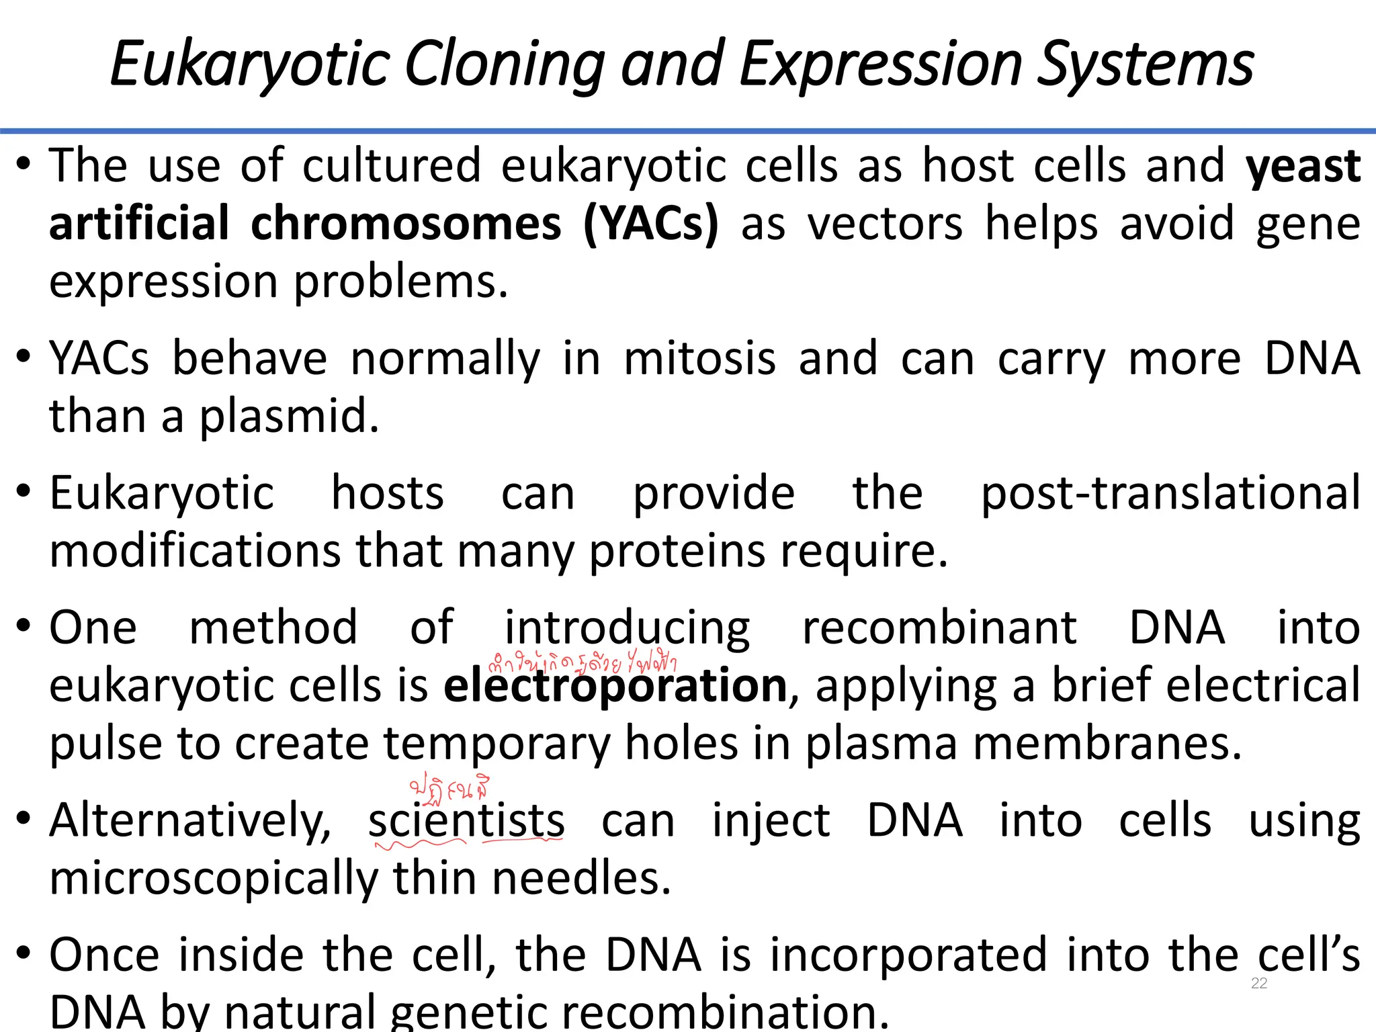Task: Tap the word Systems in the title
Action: point(1145,64)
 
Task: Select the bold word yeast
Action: point(1303,165)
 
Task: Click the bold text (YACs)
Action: point(650,224)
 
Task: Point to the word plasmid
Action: point(289,416)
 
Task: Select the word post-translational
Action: point(1170,493)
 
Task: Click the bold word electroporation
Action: point(615,686)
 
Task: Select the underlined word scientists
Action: point(466,820)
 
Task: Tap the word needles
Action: point(581,878)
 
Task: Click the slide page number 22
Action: point(1259,983)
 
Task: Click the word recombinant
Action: point(939,628)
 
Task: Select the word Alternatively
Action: point(190,820)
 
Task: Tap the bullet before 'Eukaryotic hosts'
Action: point(24,492)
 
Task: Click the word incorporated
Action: point(908,955)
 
